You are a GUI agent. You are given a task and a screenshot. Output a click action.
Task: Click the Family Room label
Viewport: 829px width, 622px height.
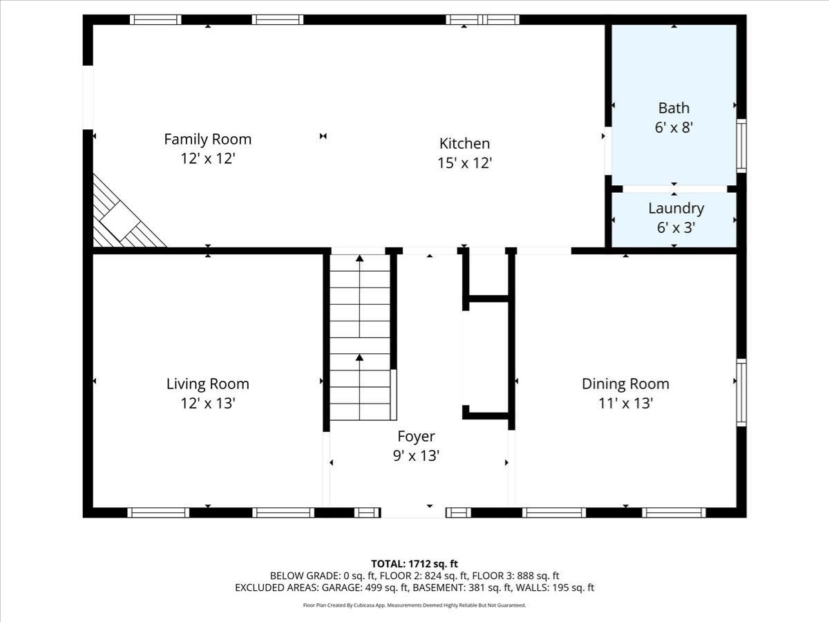click(x=208, y=140)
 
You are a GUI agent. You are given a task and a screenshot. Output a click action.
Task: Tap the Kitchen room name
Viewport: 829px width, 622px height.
click(x=464, y=144)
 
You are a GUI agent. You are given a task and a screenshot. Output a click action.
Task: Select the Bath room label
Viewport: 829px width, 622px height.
click(x=674, y=108)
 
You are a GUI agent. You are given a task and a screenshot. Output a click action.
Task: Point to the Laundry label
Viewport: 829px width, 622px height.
click(x=676, y=209)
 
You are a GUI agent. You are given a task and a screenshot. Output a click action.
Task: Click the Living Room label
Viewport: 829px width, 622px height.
click(x=208, y=384)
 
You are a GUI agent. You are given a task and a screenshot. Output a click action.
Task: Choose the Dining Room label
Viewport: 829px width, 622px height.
click(x=625, y=384)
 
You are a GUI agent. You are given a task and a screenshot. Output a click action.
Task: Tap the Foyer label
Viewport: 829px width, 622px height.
click(x=416, y=437)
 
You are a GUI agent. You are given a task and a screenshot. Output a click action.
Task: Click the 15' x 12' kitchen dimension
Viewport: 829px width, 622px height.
click(x=464, y=163)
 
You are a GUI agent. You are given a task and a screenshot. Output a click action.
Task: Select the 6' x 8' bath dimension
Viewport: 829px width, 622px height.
click(x=674, y=128)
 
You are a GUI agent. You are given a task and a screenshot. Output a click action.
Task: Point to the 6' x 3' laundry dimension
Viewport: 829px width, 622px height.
click(x=676, y=228)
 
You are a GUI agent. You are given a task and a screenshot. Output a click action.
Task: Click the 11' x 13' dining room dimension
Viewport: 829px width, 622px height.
click(x=625, y=404)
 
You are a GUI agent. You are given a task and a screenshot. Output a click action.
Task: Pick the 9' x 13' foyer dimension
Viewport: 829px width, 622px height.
click(x=416, y=456)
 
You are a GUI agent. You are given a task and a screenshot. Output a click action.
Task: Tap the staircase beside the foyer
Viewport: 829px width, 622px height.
click(x=360, y=337)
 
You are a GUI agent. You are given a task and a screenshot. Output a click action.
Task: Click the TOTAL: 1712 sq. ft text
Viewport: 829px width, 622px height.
click(x=414, y=564)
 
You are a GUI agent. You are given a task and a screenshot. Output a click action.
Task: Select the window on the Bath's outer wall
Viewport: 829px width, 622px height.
click(x=741, y=146)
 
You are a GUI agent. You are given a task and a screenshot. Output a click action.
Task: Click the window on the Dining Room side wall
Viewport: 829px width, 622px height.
click(x=741, y=393)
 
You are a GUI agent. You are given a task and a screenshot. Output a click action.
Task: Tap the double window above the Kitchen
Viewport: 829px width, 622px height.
click(x=482, y=19)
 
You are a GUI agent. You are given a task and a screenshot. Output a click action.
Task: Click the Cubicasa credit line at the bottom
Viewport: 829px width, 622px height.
click(x=414, y=605)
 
